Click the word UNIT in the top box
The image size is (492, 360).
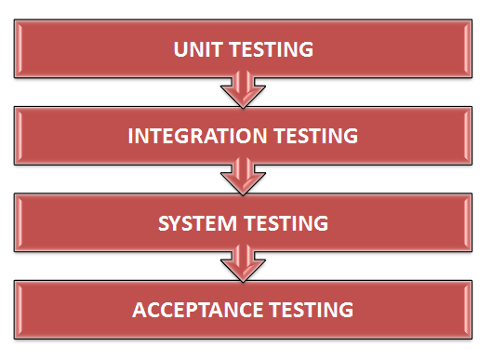coord(193,48)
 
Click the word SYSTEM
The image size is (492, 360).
coord(194,222)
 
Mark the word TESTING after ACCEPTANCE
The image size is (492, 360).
coord(310,309)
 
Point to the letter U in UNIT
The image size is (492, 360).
coord(180,48)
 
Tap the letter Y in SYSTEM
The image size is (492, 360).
coord(177,222)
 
